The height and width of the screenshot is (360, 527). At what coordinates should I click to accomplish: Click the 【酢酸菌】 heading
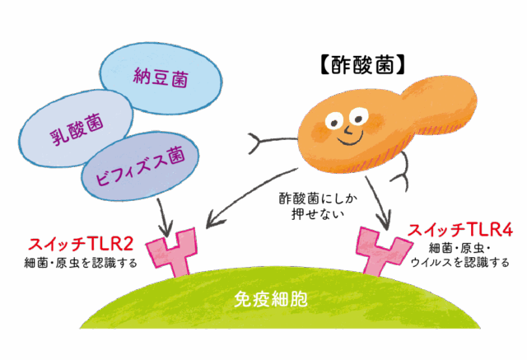point(362,65)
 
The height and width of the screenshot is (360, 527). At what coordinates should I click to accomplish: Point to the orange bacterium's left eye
point(333,120)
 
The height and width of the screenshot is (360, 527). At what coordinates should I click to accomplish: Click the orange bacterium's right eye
point(358,116)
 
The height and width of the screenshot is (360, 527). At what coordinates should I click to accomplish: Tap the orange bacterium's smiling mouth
point(351,139)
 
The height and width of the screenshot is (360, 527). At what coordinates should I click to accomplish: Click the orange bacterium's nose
point(347,129)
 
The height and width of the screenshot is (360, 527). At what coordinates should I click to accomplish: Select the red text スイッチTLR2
point(81,245)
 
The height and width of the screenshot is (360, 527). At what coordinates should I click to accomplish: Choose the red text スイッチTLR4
point(460,231)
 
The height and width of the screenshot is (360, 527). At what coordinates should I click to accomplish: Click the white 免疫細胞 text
point(271,299)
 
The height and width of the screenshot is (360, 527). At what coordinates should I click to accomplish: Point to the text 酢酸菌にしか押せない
point(318,206)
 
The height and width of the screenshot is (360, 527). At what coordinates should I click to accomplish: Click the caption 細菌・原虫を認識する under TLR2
point(81,263)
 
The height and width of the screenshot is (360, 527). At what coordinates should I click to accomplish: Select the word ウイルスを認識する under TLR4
point(459,262)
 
